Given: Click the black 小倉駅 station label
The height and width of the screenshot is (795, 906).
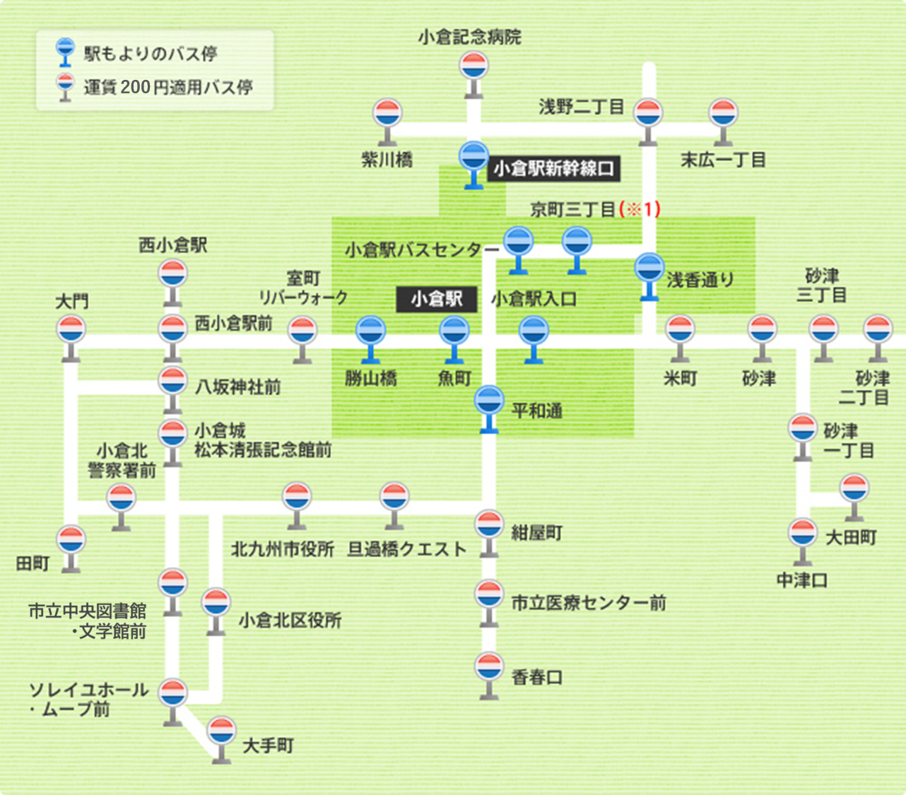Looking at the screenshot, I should click(436, 299).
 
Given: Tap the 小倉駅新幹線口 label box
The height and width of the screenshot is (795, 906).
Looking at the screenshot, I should click(553, 169).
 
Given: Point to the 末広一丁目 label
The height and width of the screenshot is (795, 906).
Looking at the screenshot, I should click(723, 160).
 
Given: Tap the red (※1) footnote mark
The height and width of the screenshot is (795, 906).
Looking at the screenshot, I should click(640, 209).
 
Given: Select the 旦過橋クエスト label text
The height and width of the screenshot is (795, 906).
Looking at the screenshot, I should click(406, 549).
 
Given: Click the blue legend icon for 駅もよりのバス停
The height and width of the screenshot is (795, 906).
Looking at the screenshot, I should click(65, 51).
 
